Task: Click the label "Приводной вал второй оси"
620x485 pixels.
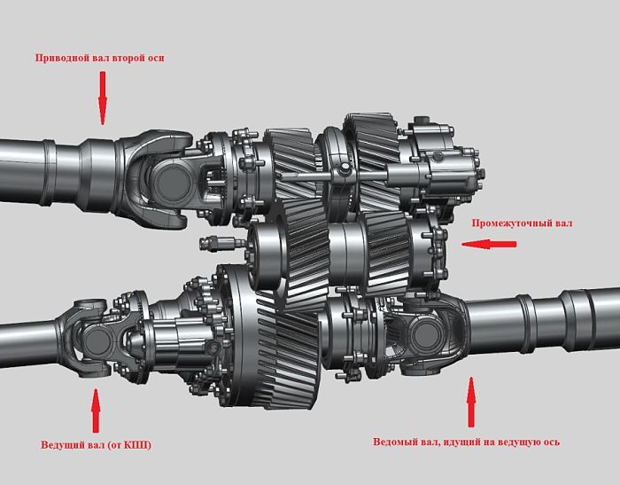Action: pyautogui.click(x=99, y=58)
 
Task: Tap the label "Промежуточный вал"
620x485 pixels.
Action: pyautogui.click(x=522, y=223)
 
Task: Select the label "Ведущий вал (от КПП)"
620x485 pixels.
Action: pyautogui.click(x=96, y=445)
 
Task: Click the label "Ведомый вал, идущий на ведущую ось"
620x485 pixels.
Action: pyautogui.click(x=466, y=442)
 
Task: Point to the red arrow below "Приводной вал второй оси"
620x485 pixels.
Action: pyautogui.click(x=103, y=98)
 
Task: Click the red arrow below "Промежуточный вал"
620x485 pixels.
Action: pyautogui.click(x=489, y=245)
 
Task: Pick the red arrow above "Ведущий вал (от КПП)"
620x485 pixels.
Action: pyautogui.click(x=96, y=411)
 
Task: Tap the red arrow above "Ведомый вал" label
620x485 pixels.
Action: pyautogui.click(x=471, y=402)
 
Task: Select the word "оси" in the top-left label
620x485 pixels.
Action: pyautogui.click(x=156, y=59)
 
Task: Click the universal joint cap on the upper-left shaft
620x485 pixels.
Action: pyautogui.click(x=171, y=183)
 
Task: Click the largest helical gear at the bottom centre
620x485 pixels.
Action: pyautogui.click(x=273, y=337)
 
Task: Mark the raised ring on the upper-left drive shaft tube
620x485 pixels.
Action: pyautogui.click(x=48, y=173)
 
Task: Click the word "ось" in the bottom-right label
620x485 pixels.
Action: pyautogui.click(x=551, y=442)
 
